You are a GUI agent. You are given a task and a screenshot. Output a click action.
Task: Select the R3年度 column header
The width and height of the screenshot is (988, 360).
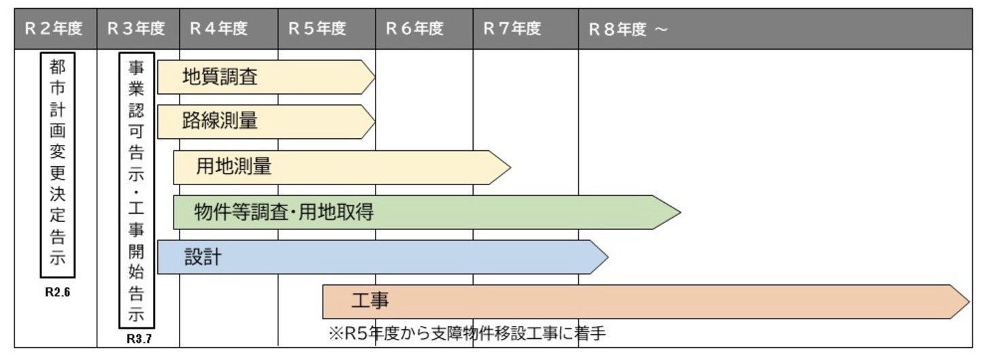click(x=136, y=29)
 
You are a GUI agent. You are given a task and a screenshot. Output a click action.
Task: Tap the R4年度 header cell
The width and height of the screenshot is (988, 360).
click(x=218, y=29)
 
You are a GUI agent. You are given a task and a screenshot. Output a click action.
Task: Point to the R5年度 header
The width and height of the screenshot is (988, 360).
click(x=317, y=29)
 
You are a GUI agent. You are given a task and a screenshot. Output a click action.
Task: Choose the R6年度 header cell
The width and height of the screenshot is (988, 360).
click(x=414, y=29)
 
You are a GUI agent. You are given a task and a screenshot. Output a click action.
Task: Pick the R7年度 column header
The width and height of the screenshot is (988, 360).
click(x=512, y=29)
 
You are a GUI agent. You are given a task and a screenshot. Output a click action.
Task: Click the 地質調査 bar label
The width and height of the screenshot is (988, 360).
click(x=220, y=77)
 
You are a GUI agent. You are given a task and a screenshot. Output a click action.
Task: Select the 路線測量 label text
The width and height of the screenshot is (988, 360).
click(x=220, y=121)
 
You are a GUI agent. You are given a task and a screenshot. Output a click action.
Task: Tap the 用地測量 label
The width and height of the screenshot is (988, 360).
click(x=234, y=167)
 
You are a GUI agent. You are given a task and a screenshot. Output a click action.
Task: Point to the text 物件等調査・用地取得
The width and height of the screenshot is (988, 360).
click(x=284, y=212)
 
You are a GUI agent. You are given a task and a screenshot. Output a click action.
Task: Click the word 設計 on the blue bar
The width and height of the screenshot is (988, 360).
click(x=203, y=257)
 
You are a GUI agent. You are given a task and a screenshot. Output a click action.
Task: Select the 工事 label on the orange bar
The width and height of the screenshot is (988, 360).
click(x=370, y=301)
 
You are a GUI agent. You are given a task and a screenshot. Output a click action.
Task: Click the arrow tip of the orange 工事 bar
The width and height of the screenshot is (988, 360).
click(x=967, y=301)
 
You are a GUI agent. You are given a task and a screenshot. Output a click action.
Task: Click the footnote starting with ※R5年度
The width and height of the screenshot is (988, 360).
click(x=466, y=333)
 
